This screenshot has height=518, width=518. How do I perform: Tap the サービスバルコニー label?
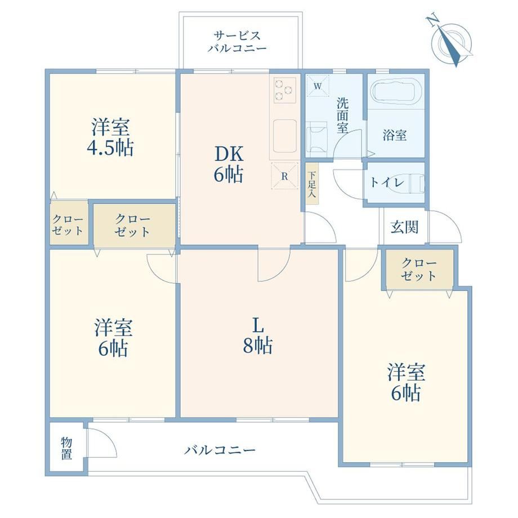[237, 42]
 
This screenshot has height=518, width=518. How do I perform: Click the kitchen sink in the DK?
[284, 136]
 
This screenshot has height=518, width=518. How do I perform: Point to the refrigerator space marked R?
[284, 176]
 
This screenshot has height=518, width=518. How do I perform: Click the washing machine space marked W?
[318, 86]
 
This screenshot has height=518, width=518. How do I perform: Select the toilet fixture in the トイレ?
[417, 182]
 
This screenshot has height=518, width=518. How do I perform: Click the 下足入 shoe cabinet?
[312, 184]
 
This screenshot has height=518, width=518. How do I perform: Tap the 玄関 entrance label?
[404, 227]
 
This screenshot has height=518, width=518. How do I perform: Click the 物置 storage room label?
[66, 449]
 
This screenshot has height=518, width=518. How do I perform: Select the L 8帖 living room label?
[258, 336]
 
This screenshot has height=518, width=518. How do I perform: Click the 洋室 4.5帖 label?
[110, 136]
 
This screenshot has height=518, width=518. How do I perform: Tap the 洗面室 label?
[342, 115]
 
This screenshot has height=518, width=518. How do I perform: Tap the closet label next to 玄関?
[418, 269]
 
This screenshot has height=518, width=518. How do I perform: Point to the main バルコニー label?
[220, 450]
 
